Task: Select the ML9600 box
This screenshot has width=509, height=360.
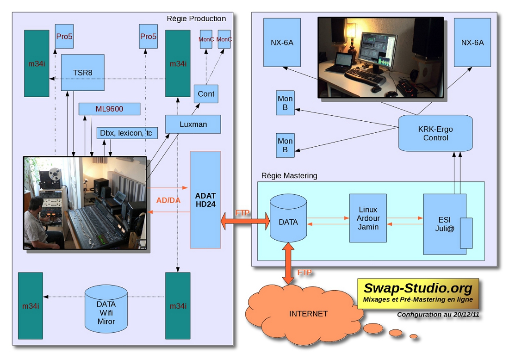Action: pos(109,109)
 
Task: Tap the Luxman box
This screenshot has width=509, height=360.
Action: pos(193,124)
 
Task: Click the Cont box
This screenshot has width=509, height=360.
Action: pos(206,94)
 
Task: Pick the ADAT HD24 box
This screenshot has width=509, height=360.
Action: pos(205,199)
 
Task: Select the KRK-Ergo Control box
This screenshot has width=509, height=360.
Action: pos(435,133)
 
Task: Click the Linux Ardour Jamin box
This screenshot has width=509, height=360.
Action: pos(368,218)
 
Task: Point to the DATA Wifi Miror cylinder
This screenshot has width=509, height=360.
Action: pos(106,312)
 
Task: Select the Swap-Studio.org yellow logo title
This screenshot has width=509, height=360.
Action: pos(418,289)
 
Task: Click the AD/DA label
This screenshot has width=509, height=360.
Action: pos(168,200)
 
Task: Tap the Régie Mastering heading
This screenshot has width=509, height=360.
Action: pos(289,175)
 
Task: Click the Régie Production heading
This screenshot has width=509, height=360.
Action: pos(196,19)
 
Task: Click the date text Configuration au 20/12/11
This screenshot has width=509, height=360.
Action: pos(437,315)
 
